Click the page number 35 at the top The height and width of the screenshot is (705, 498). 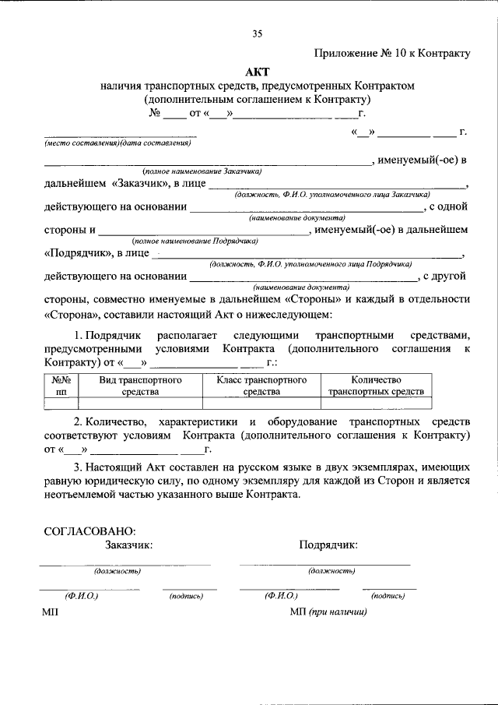258,33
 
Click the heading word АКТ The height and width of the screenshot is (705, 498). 258,71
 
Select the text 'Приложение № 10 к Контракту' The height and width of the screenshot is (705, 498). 392,53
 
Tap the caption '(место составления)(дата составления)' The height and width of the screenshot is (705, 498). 117,143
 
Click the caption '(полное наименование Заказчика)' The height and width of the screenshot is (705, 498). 202,171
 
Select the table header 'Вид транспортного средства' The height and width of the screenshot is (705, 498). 140,386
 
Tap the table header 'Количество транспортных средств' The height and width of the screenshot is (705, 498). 376,386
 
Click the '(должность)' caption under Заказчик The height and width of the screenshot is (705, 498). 117,571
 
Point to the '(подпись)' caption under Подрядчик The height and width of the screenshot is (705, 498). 388,596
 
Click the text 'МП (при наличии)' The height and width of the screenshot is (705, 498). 328,612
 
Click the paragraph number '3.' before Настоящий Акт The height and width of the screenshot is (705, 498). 79,467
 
